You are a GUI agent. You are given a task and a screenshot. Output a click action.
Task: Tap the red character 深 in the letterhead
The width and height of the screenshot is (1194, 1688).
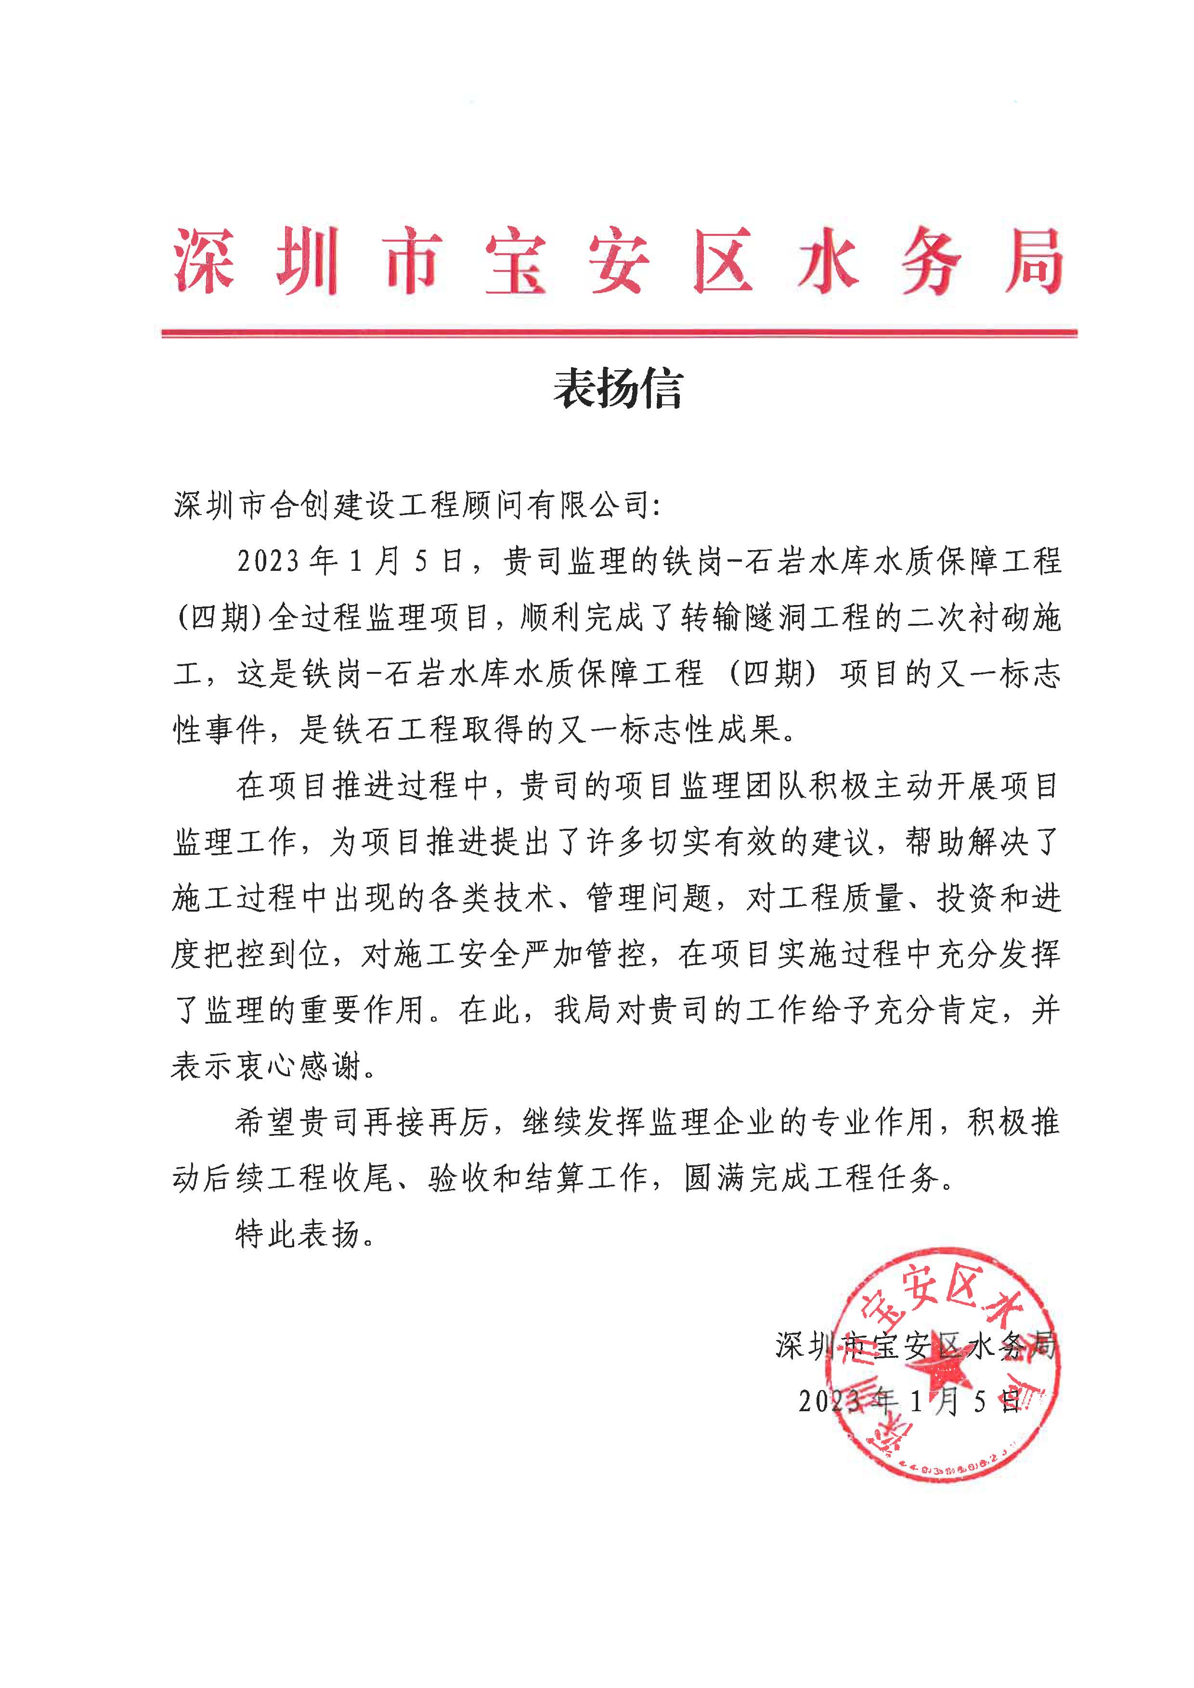[x=205, y=261]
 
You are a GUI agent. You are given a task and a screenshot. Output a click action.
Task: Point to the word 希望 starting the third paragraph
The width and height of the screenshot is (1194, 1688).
[x=266, y=1122]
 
